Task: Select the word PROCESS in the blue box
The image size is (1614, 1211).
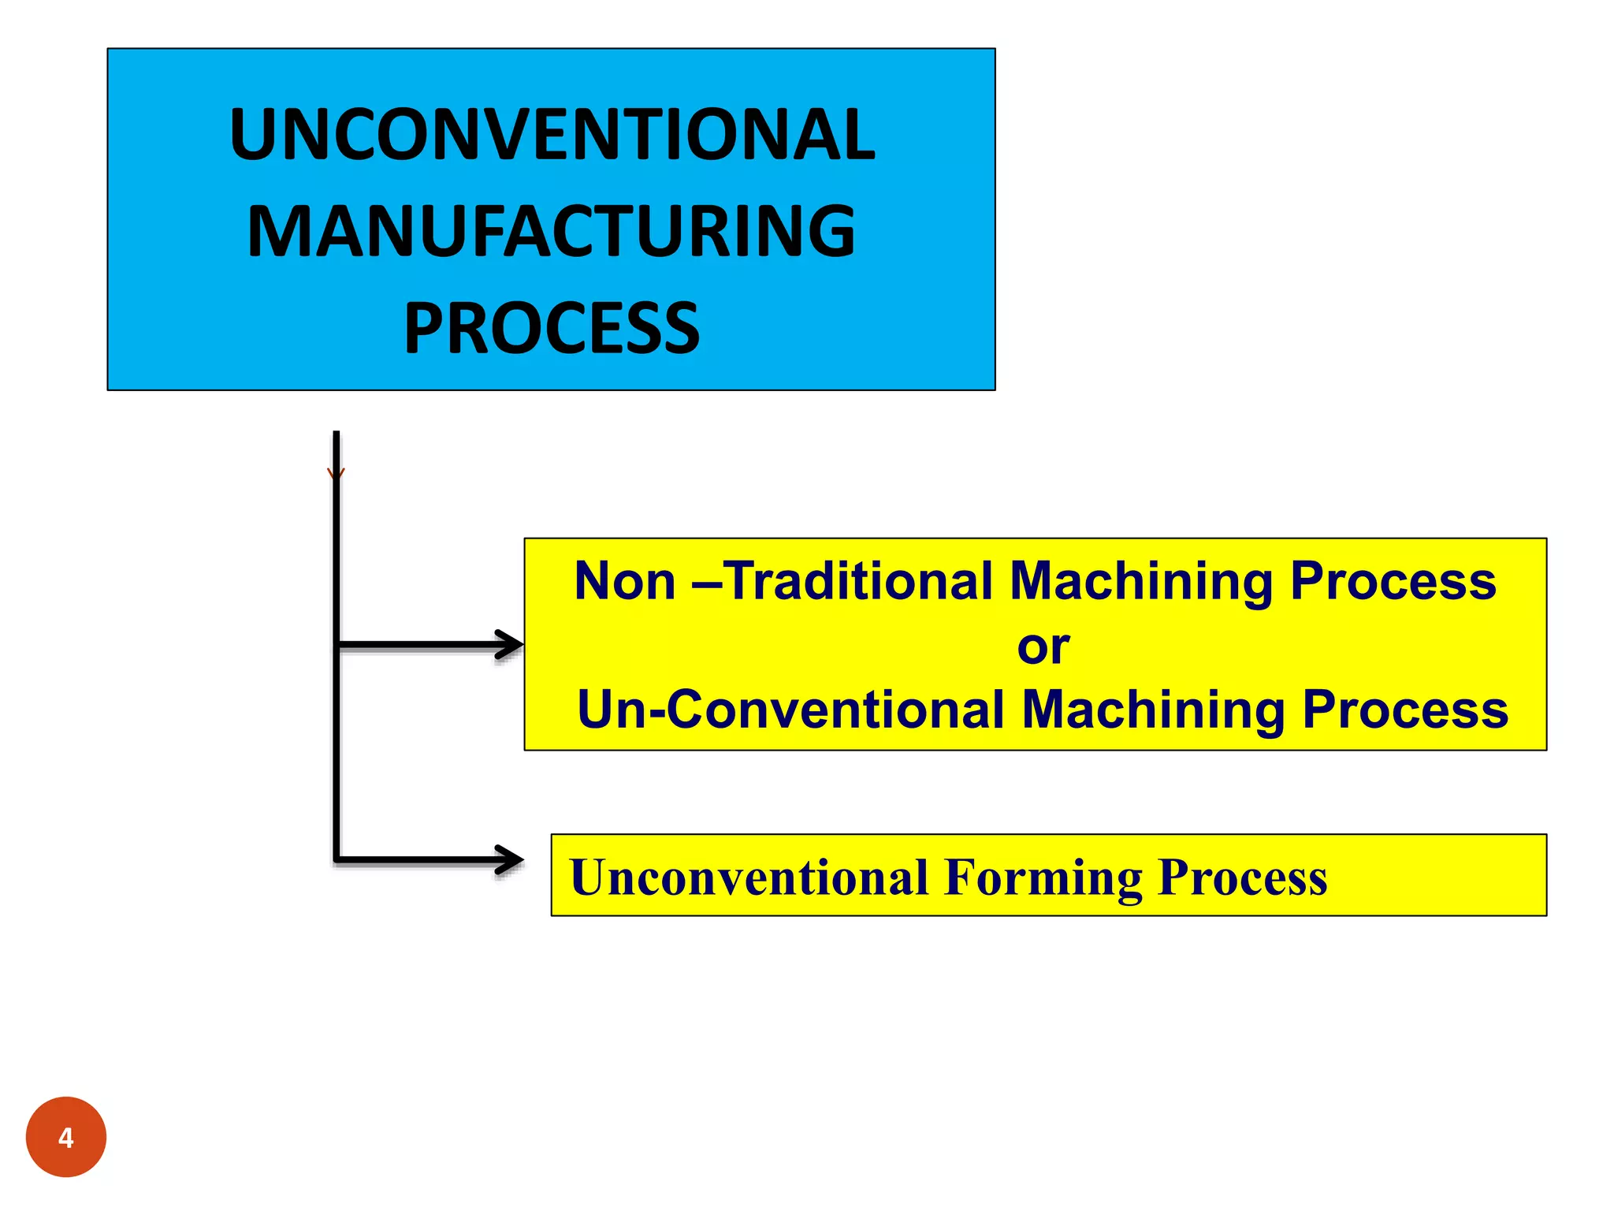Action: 552,328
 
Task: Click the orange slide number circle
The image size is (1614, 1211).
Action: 66,1137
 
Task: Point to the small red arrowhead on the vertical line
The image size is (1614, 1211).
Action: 336,473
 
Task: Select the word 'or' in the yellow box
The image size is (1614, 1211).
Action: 1043,647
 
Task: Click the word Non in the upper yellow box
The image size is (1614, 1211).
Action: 625,581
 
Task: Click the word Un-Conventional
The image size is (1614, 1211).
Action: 790,709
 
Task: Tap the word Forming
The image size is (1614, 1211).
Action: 1043,877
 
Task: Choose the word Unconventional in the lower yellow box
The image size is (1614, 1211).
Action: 749,877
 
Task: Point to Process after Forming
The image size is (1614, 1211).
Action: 1243,877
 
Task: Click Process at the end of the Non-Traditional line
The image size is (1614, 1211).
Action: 1393,581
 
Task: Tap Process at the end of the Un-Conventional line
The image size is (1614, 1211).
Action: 1405,709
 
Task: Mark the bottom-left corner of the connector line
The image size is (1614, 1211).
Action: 337,859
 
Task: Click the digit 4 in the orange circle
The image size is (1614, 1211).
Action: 66,1138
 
